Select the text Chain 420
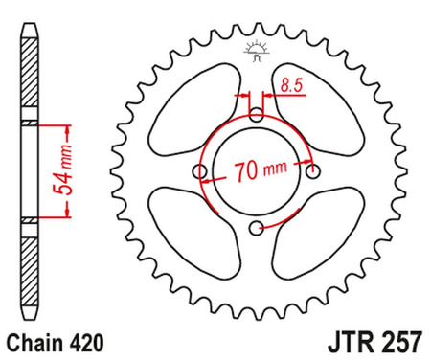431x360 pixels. pos(53,340)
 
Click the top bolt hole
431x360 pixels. pos(257,115)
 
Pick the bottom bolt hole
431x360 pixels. pos(257,227)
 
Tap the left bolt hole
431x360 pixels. pos(200,171)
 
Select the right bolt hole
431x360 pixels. pos(312,171)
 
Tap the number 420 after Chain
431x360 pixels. pos(79,340)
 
